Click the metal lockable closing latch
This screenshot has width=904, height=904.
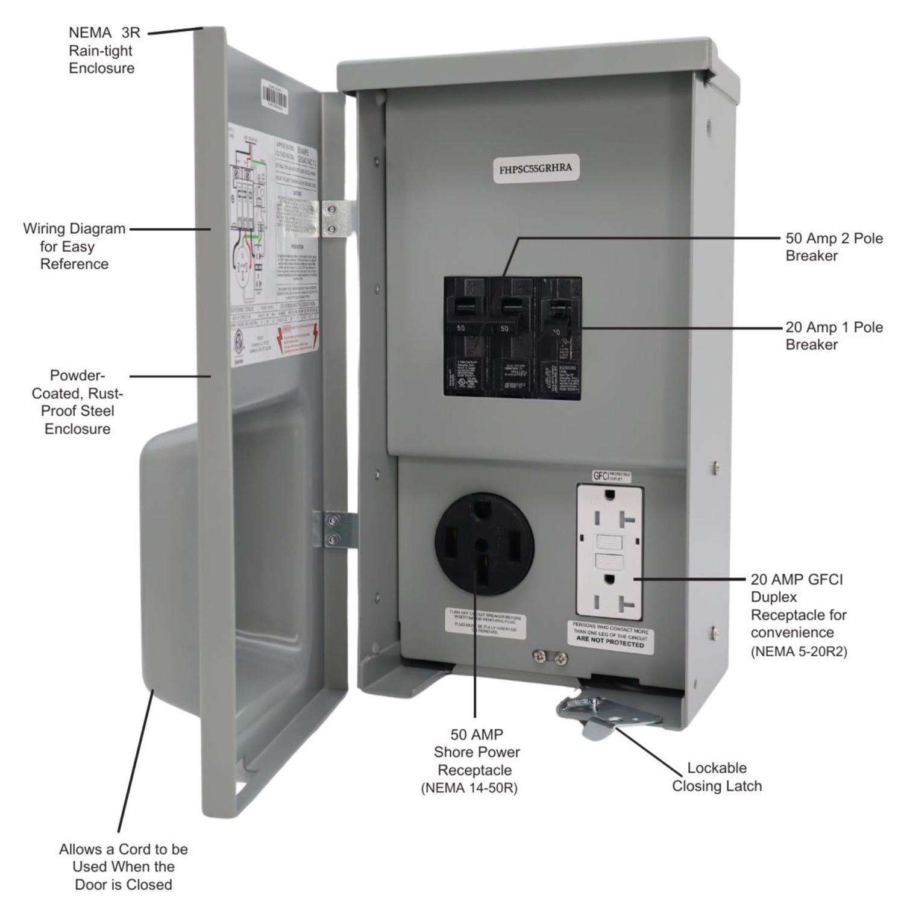[609, 714]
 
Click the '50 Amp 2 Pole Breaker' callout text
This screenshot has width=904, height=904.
[833, 246]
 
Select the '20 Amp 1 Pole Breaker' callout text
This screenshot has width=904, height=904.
[833, 336]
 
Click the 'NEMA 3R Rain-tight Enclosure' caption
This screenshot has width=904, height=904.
[102, 51]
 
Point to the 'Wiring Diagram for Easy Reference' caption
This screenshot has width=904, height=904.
[74, 246]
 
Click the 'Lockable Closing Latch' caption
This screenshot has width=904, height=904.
[717, 777]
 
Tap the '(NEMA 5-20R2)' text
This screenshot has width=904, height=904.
[799, 651]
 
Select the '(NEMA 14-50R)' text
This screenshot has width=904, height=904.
[469, 788]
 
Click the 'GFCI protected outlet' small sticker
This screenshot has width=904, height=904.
[611, 476]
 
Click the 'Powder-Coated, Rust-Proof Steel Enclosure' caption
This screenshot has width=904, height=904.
[77, 402]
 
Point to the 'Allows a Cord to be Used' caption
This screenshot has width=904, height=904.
[123, 867]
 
